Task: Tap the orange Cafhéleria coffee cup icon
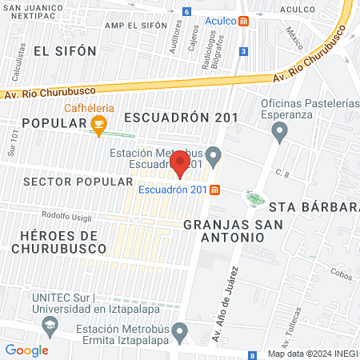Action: click(x=98, y=123)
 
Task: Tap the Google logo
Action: click(x=26, y=350)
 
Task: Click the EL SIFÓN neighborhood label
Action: click(x=65, y=50)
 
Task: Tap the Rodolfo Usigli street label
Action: click(x=68, y=214)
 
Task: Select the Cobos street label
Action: click(x=339, y=275)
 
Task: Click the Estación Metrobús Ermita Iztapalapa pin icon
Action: click(x=181, y=330)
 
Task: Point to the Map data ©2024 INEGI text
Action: click(x=313, y=354)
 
